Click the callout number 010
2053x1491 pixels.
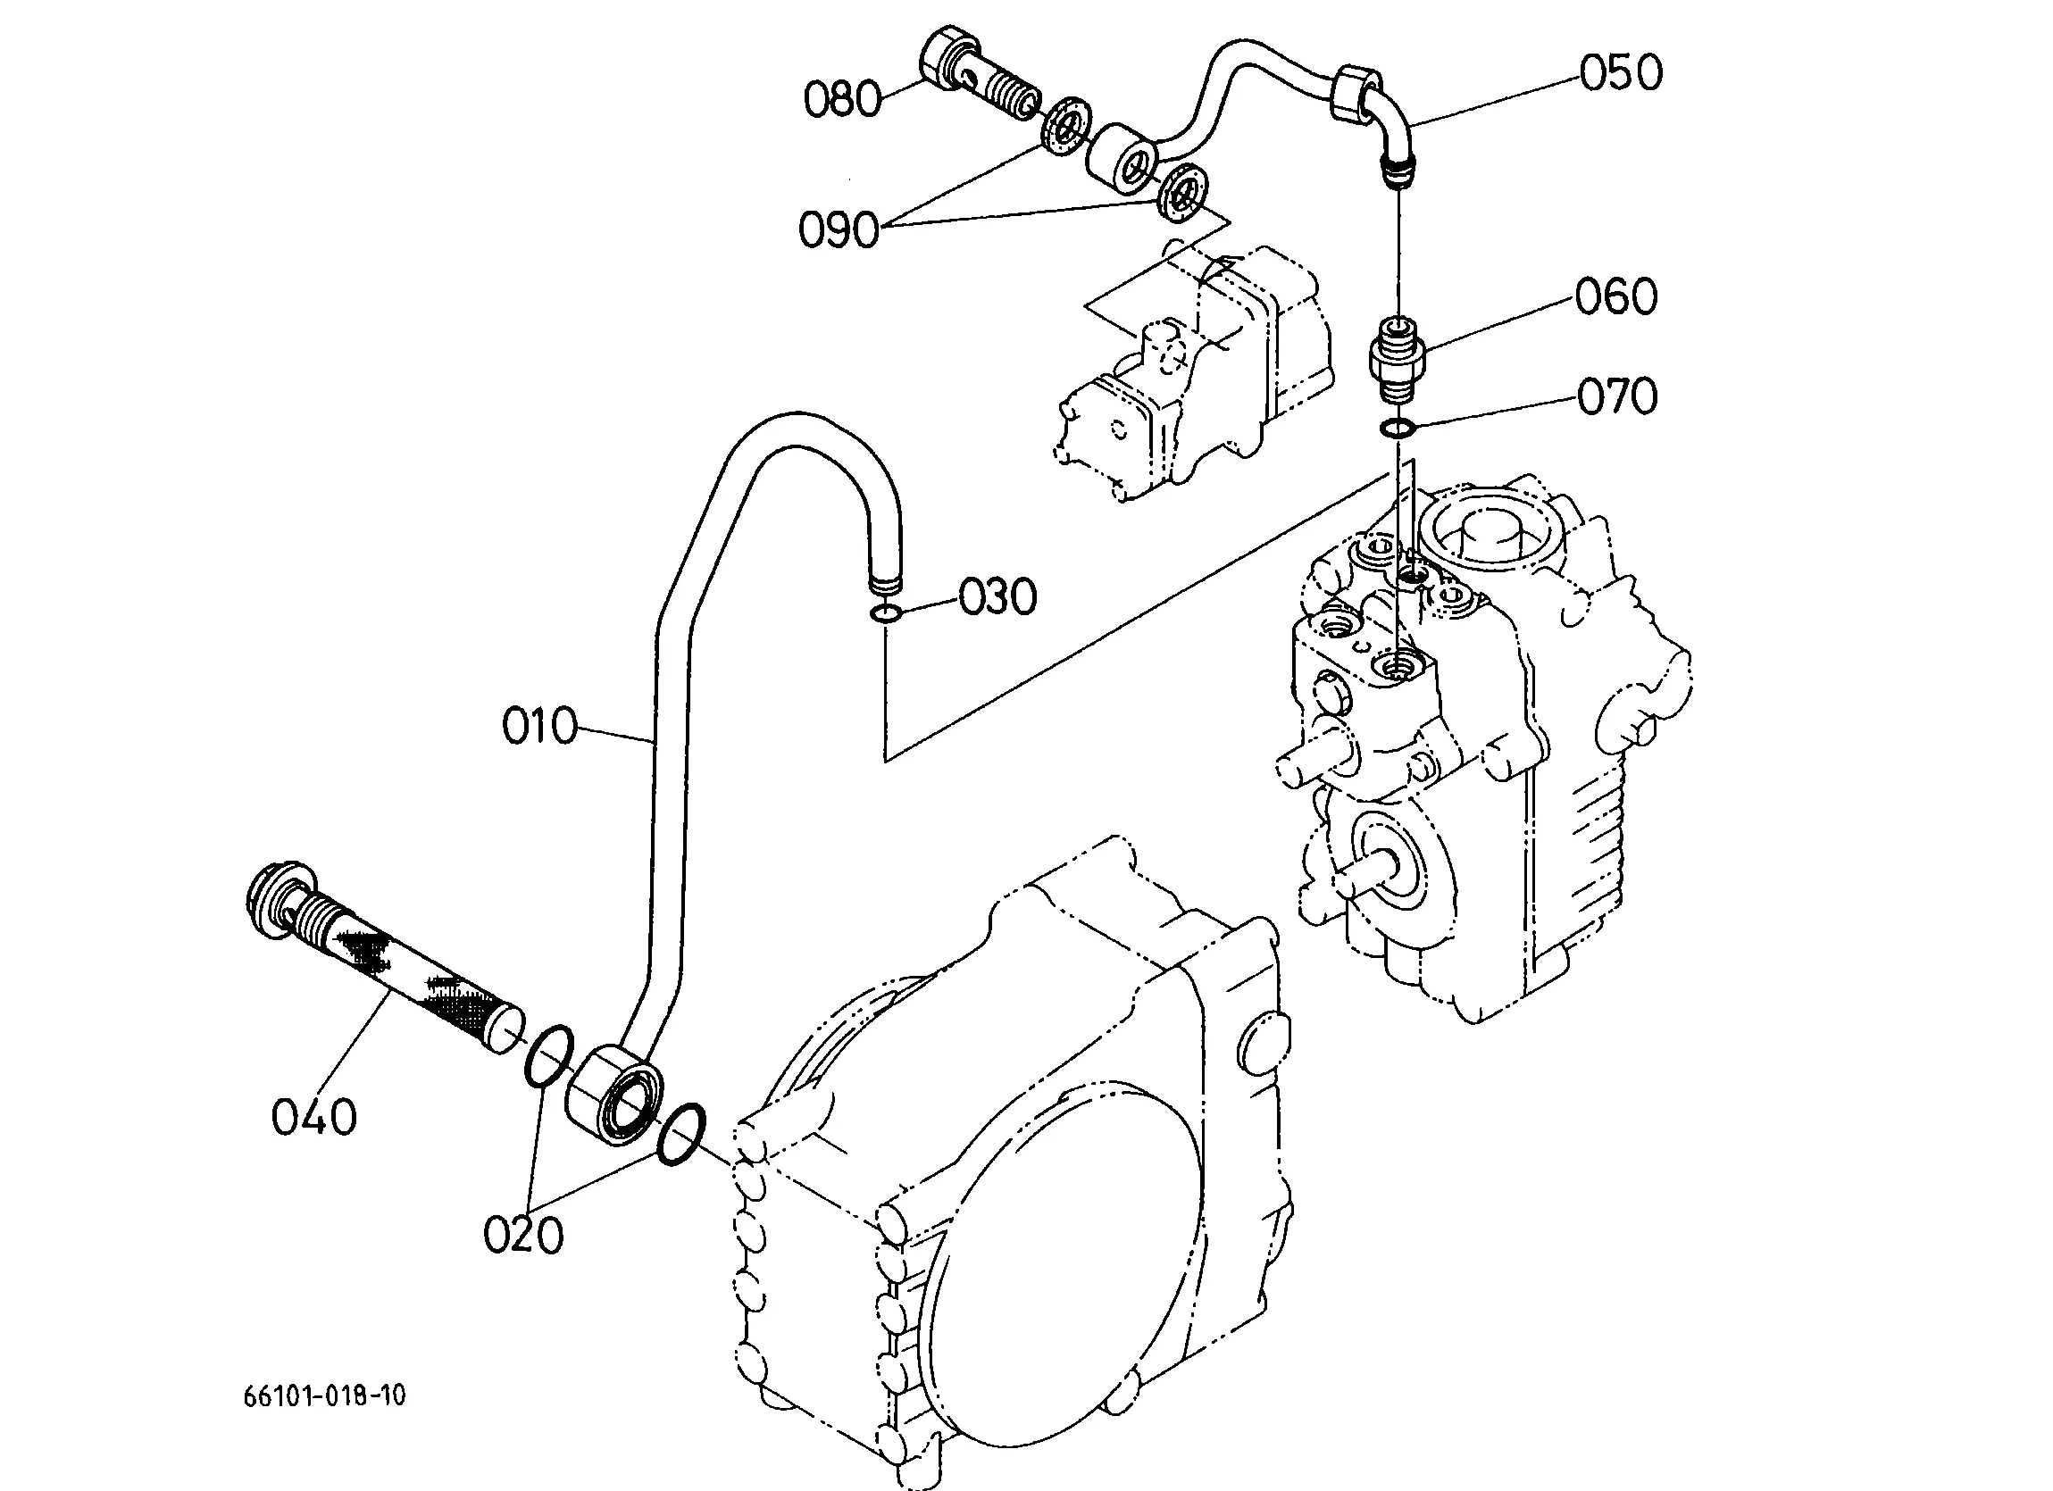coord(539,727)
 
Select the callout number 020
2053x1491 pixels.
coord(523,1235)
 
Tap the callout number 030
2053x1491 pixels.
coord(997,597)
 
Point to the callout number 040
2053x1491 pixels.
coord(314,1117)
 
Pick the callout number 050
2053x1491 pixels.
coord(1621,72)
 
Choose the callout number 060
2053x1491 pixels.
coord(1615,297)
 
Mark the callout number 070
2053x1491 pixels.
coord(1617,396)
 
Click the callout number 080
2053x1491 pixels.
coord(842,99)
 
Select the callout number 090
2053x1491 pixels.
coord(839,229)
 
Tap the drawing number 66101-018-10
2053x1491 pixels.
coord(324,1395)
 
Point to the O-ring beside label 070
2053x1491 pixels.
coord(1398,428)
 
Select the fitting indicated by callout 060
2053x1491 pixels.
coord(1398,361)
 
